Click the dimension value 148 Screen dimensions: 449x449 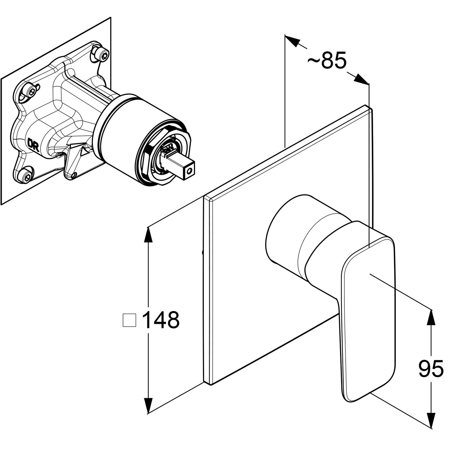coord(161,320)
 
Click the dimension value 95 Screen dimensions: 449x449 coord(431,369)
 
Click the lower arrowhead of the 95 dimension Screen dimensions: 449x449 coord(431,414)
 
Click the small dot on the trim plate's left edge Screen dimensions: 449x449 coord(203,252)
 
